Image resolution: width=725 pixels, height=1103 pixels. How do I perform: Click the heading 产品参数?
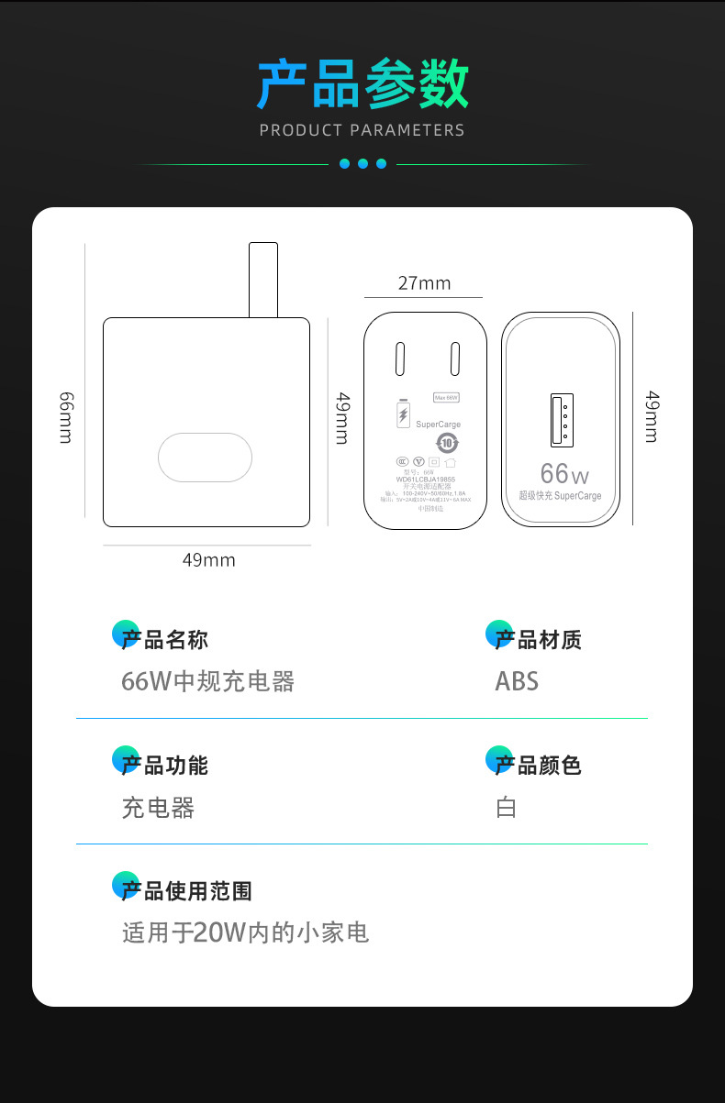point(362,84)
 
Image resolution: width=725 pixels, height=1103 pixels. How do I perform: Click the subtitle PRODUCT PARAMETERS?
point(362,130)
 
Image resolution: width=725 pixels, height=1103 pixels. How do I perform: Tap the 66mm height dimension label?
point(66,417)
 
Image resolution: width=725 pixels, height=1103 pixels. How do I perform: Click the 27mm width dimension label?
point(424,283)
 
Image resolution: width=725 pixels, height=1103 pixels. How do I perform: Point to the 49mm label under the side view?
point(208,559)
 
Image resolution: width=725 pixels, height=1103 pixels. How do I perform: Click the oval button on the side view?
point(205,457)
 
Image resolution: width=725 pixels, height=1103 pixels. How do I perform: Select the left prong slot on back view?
point(400,358)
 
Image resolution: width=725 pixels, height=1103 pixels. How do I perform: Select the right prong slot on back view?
point(453,358)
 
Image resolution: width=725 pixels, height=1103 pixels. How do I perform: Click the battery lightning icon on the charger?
point(402,415)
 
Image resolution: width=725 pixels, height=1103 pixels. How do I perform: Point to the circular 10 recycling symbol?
point(447,444)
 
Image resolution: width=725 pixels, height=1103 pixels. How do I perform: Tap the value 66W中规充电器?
point(208,681)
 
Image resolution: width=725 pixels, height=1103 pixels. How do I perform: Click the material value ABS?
point(517,681)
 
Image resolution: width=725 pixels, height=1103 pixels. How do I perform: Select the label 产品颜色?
point(538,766)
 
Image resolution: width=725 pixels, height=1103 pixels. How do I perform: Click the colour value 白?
point(507,808)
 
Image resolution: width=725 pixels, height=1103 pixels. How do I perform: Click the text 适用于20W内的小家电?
point(245,933)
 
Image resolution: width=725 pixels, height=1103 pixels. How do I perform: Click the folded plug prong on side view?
point(263,280)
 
